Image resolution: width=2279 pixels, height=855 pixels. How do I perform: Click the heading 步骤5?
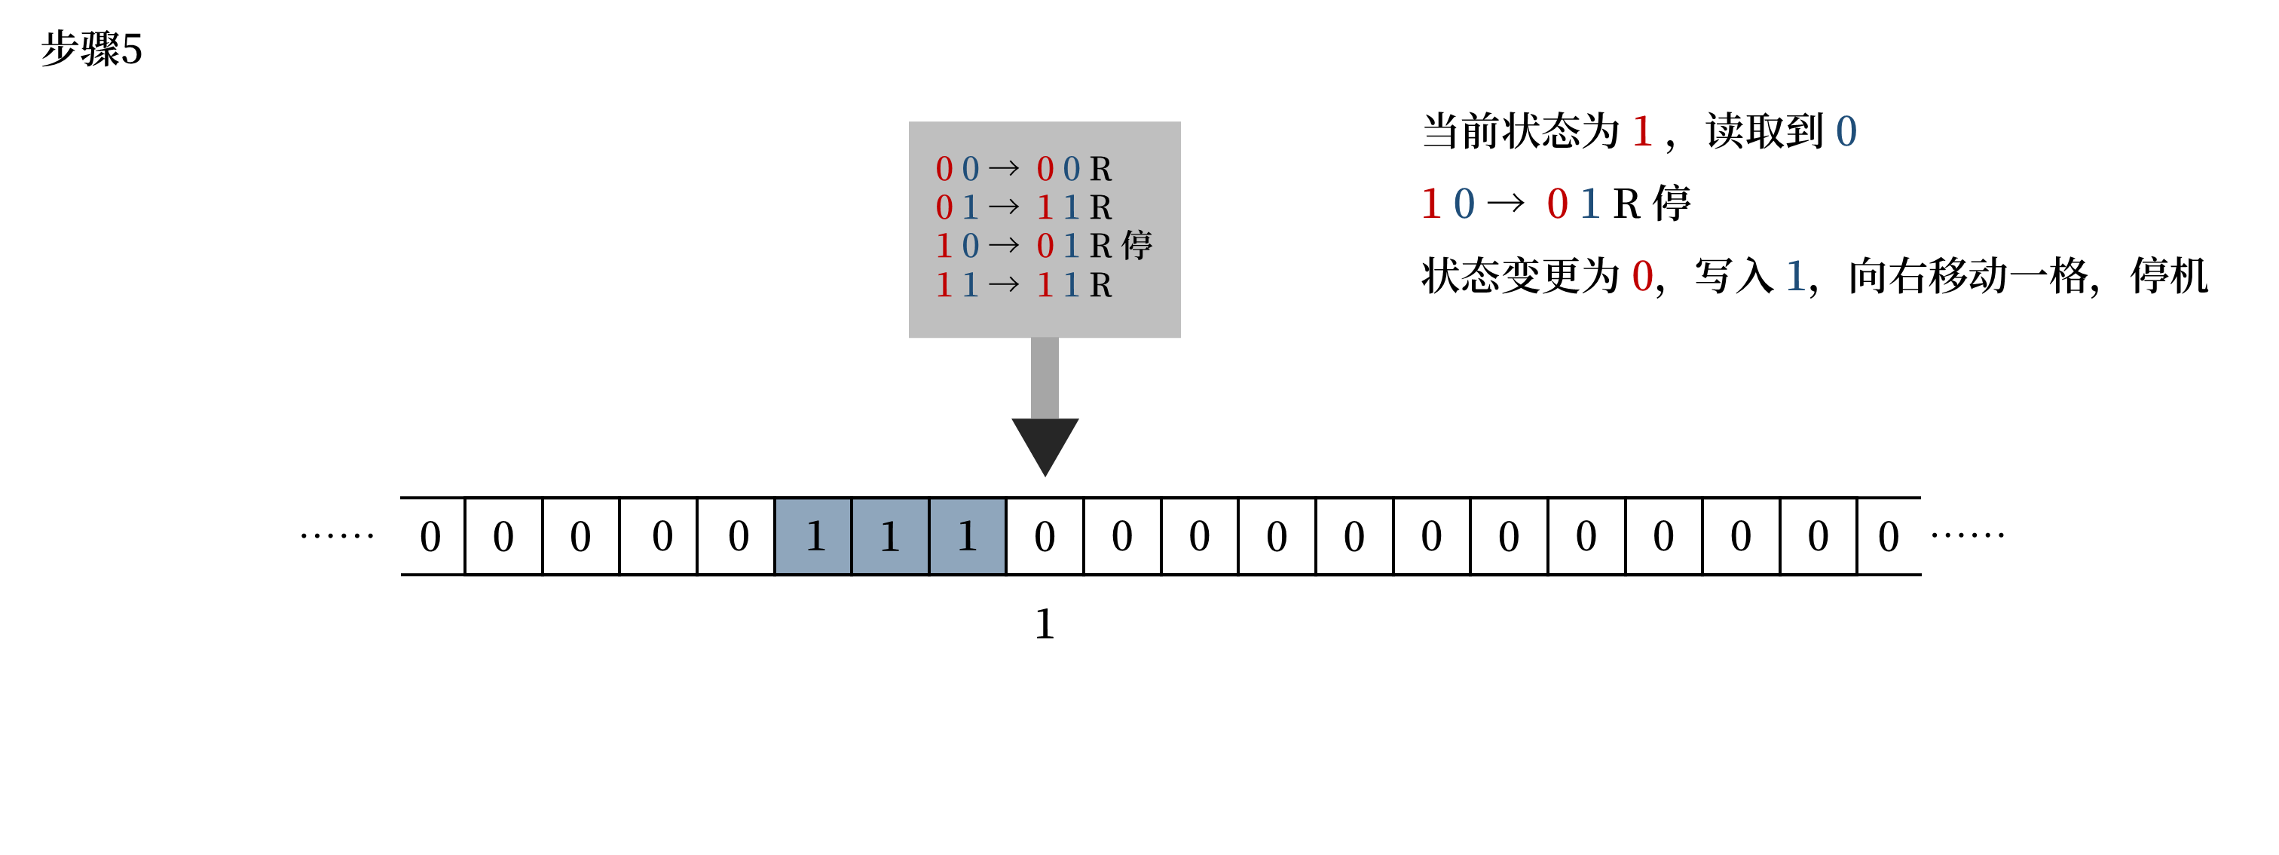click(x=91, y=49)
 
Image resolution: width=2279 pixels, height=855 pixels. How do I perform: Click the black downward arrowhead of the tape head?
click(x=1044, y=443)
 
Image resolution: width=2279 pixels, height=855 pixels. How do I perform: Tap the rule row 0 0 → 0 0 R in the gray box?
click(x=1023, y=168)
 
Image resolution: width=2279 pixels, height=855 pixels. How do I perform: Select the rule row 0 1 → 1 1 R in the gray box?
click(x=1023, y=207)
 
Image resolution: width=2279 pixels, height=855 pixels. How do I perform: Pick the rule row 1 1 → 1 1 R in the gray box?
click(x=1023, y=285)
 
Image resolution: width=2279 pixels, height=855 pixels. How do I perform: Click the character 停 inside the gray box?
click(x=1136, y=245)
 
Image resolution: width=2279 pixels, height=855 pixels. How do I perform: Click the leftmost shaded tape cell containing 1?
click(x=813, y=536)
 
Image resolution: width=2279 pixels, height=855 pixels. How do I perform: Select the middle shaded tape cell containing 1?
click(x=890, y=536)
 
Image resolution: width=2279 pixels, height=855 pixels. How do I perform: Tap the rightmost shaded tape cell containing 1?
click(x=967, y=536)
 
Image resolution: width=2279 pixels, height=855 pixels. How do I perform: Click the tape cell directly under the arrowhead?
click(x=1045, y=536)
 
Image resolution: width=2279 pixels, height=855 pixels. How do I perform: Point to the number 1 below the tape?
click(x=1045, y=624)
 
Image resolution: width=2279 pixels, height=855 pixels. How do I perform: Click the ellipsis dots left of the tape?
click(x=337, y=535)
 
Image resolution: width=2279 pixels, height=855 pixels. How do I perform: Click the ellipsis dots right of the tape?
click(x=1968, y=535)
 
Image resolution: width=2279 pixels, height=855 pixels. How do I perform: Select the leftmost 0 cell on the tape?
click(x=432, y=536)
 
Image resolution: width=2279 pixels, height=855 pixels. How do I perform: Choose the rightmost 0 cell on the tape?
click(x=1889, y=536)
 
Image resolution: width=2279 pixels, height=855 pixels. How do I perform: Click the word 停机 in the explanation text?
click(x=2169, y=276)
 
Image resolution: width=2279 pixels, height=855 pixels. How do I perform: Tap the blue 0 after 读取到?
click(x=1846, y=132)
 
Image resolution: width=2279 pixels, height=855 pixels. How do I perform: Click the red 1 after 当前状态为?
click(x=1642, y=132)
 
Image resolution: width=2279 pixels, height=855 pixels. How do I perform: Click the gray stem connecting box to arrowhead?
click(x=1045, y=377)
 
